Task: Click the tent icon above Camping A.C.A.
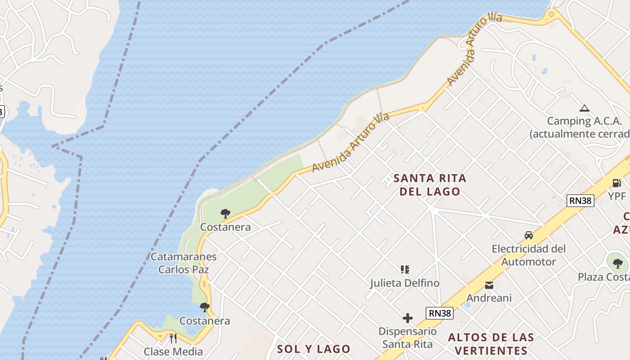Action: point(585,108)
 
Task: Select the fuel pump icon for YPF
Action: point(616,183)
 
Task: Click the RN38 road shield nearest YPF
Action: point(580,201)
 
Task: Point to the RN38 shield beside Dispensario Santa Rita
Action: point(439,313)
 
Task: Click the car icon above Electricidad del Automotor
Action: point(529,235)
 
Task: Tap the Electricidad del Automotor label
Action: point(529,255)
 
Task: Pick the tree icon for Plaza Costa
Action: point(617,264)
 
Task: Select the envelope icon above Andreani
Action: point(489,285)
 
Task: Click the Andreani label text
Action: point(489,298)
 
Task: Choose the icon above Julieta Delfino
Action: point(405,270)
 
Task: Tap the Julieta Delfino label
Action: point(405,283)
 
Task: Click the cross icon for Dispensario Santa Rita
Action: point(408,318)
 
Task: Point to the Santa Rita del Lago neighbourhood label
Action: point(430,184)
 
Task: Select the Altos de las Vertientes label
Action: point(491,344)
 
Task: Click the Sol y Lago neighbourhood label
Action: point(314,349)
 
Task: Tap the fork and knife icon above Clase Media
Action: point(173,338)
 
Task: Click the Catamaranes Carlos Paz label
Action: point(184,263)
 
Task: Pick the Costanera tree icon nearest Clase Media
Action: point(205,307)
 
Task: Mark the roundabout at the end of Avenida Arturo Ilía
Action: point(552,15)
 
